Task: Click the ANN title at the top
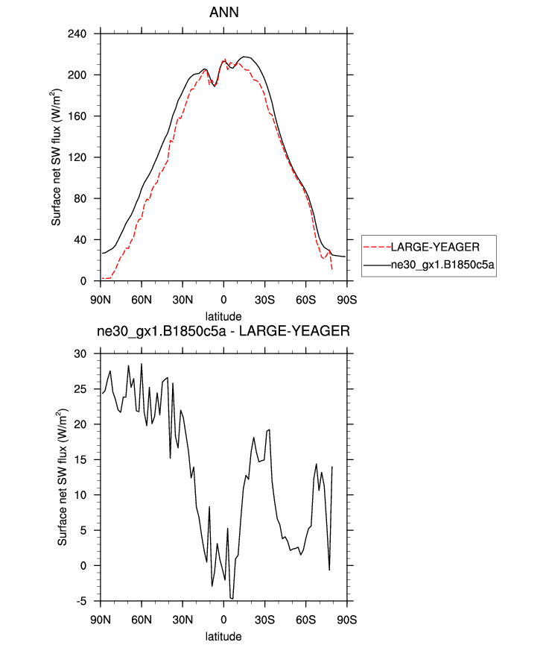223,13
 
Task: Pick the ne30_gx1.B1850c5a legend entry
443,264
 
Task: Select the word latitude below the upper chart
223,316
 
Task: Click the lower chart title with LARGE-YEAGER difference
223,333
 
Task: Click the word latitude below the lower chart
223,637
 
